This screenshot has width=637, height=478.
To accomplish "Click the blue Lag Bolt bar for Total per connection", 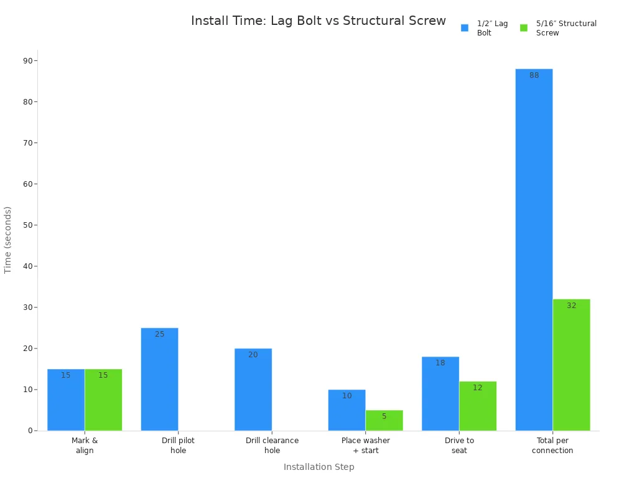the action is click(x=534, y=250).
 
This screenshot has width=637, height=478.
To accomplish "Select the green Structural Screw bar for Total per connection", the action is click(x=571, y=365).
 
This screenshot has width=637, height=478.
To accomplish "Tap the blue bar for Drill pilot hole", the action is click(x=159, y=379).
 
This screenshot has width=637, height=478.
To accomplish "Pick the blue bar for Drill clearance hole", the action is click(x=253, y=390).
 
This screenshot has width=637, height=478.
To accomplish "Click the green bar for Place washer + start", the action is click(x=384, y=420).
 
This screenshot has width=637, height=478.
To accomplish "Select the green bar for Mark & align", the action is click(x=103, y=400).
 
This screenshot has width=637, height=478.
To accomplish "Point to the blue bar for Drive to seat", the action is click(x=440, y=393).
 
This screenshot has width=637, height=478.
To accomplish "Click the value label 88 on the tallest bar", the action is click(x=534, y=75).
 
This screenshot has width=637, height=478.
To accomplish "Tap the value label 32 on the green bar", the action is click(x=572, y=305).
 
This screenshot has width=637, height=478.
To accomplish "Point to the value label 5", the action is click(x=384, y=416).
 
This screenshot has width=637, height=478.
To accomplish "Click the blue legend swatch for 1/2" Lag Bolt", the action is click(x=465, y=27).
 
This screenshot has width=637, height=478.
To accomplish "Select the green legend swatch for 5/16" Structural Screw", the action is click(x=524, y=27).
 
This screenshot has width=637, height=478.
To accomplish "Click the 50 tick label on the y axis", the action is click(x=28, y=225).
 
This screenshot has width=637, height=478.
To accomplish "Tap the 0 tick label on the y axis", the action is click(x=30, y=431).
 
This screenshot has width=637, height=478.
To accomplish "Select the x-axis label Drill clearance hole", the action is click(x=272, y=445).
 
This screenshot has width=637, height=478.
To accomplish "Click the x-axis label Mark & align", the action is click(x=85, y=445).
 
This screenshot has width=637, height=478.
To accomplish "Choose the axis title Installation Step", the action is click(x=319, y=467).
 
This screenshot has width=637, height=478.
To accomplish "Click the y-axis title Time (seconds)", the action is click(x=7, y=240).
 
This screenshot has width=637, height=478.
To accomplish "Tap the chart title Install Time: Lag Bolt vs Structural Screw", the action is click(x=318, y=21).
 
